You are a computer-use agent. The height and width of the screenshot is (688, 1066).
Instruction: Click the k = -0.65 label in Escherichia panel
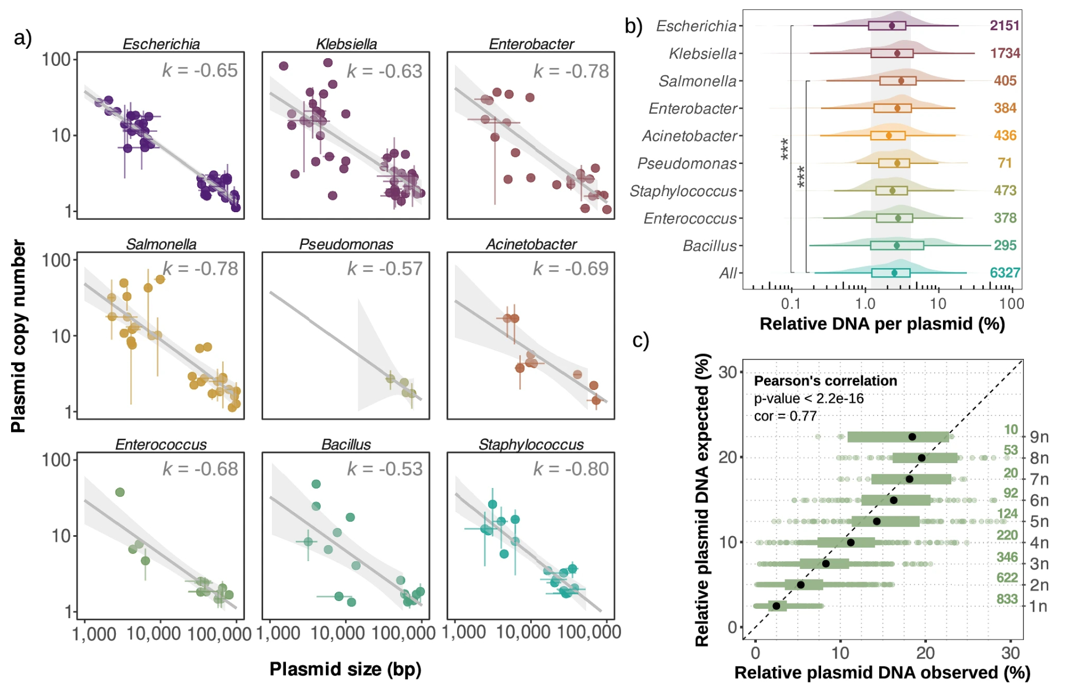(x=200, y=70)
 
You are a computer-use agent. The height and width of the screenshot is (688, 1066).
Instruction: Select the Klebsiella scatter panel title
(x=346, y=44)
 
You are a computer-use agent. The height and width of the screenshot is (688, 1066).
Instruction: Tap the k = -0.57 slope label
(x=385, y=269)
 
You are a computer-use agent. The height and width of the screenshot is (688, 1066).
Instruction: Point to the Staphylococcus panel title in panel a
(x=531, y=444)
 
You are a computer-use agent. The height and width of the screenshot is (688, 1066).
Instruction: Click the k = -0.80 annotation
(x=571, y=469)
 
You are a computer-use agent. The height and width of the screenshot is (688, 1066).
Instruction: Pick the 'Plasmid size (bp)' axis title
(x=345, y=669)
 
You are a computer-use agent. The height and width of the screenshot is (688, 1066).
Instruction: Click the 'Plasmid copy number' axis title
(x=18, y=336)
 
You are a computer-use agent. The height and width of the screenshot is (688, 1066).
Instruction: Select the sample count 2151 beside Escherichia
(x=1004, y=25)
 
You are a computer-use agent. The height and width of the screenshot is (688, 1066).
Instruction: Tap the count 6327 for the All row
(x=1004, y=273)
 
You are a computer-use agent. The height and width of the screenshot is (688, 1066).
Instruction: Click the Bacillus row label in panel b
(x=710, y=245)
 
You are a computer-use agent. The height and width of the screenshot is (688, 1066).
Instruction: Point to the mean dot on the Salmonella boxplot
(x=901, y=81)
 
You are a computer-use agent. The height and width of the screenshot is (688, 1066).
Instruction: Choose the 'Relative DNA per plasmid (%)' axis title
(x=882, y=324)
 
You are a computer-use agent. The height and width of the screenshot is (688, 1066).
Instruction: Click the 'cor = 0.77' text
(x=785, y=416)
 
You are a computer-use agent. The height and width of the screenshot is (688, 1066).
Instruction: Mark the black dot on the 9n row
(x=912, y=437)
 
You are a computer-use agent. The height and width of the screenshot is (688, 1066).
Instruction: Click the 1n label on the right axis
(x=1038, y=606)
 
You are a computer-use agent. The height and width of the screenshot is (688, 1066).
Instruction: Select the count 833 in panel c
(x=1007, y=599)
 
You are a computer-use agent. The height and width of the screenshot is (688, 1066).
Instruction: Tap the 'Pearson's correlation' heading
(x=825, y=381)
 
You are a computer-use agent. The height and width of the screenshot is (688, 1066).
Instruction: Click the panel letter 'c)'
(x=640, y=340)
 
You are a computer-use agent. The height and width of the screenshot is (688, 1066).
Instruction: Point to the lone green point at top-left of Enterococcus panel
(x=120, y=492)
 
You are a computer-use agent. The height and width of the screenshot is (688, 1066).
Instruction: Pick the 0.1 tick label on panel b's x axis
(x=791, y=304)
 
